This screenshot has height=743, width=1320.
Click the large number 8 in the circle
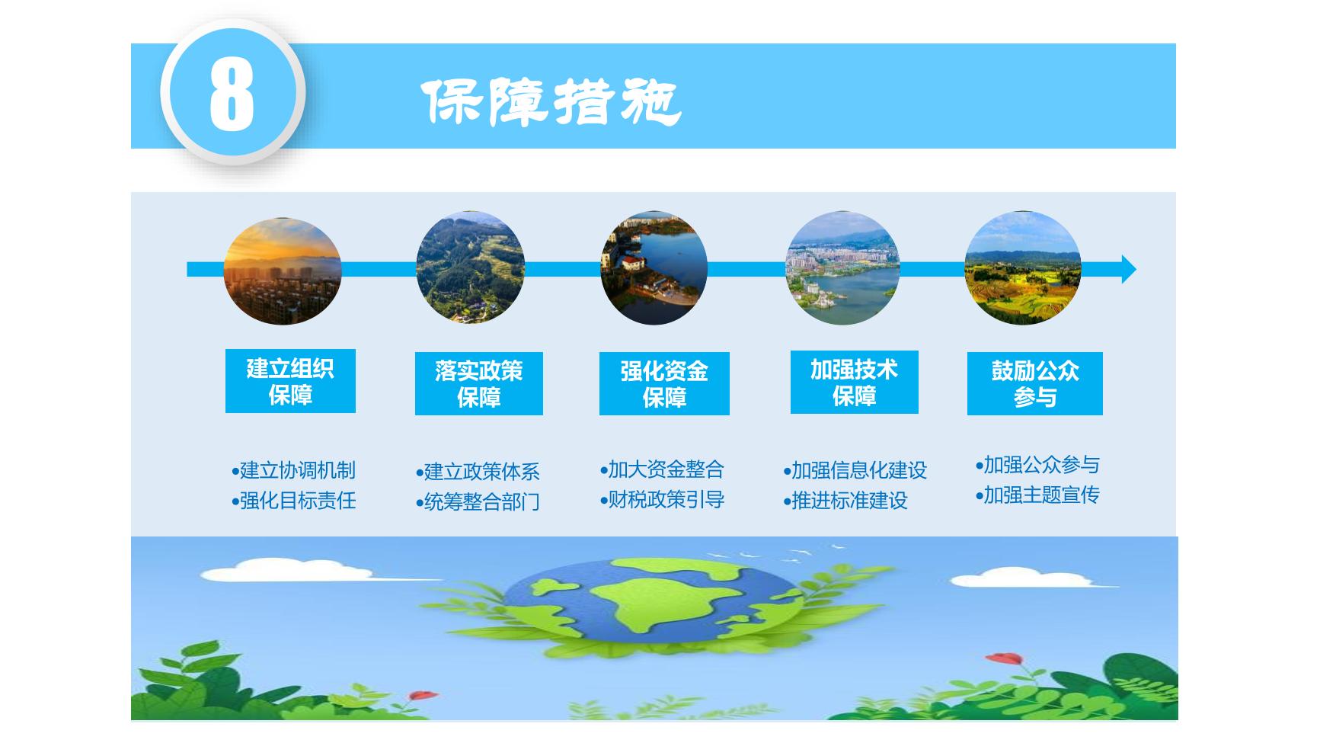coord(232,94)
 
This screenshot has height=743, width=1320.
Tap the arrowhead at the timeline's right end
coord(1129,269)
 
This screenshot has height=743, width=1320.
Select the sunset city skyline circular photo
coord(283,271)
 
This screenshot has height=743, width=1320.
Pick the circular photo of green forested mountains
coord(470,267)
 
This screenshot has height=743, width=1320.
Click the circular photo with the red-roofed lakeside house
coord(654,268)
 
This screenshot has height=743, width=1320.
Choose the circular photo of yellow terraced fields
coord(1023,267)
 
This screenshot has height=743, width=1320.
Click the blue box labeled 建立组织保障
coord(290,381)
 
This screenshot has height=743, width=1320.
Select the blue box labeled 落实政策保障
coord(479,383)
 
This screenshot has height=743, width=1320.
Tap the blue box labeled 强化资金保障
coord(664,383)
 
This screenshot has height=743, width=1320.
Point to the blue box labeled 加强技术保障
coord(855,382)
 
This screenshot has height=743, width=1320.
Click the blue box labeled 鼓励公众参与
coord(1035,383)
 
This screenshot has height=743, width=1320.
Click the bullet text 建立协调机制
coord(293,470)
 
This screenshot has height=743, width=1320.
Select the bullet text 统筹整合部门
coord(478,502)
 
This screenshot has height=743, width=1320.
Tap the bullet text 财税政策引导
coord(662,500)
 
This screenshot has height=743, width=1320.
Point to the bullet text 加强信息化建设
coord(855,470)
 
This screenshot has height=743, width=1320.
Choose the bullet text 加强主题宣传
coord(1037,495)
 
